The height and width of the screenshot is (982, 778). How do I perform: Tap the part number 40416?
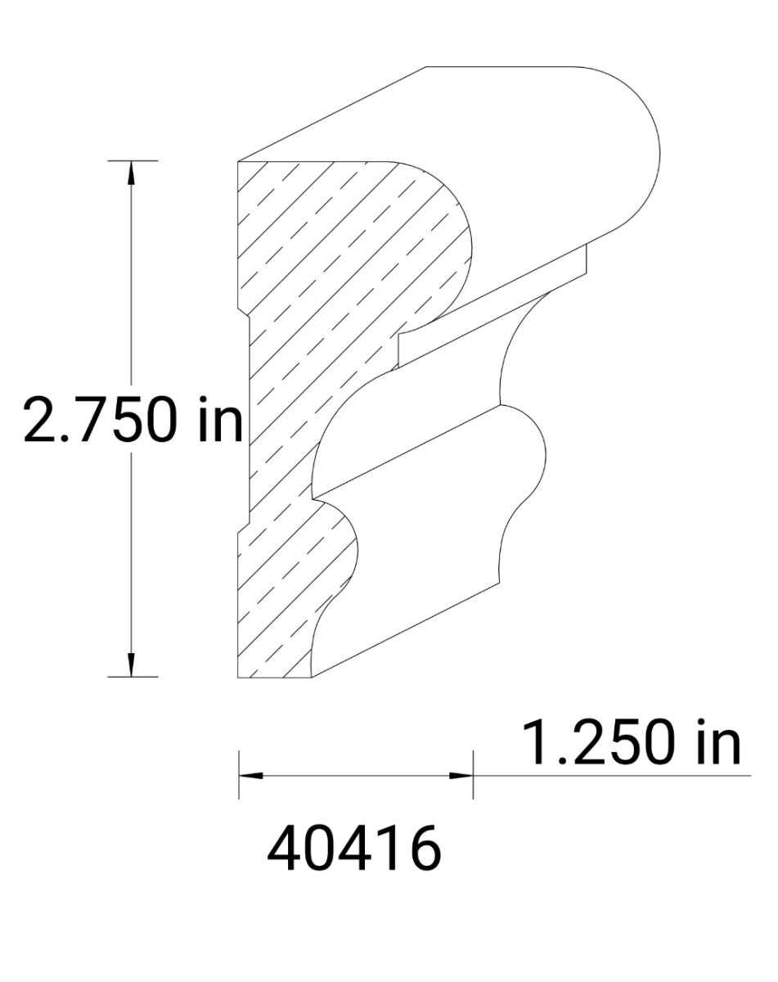pyautogui.click(x=354, y=849)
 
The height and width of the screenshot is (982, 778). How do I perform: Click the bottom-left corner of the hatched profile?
pyautogui.click(x=238, y=678)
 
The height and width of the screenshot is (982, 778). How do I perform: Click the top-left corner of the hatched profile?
pyautogui.click(x=238, y=162)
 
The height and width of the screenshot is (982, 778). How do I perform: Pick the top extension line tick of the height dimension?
pyautogui.click(x=131, y=161)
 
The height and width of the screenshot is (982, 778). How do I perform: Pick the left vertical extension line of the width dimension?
pyautogui.click(x=238, y=774)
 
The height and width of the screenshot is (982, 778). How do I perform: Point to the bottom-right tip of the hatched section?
pyautogui.click(x=315, y=677)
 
